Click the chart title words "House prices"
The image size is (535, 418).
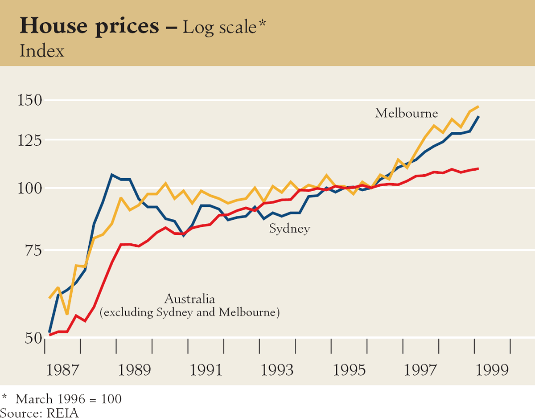click(89, 27)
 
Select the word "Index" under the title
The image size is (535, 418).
click(42, 51)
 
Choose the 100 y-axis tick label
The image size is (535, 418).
click(29, 189)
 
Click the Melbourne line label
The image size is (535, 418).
click(407, 113)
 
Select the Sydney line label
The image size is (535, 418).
click(289, 229)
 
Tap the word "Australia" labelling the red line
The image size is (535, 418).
click(190, 299)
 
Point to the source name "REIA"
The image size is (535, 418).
click(62, 412)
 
